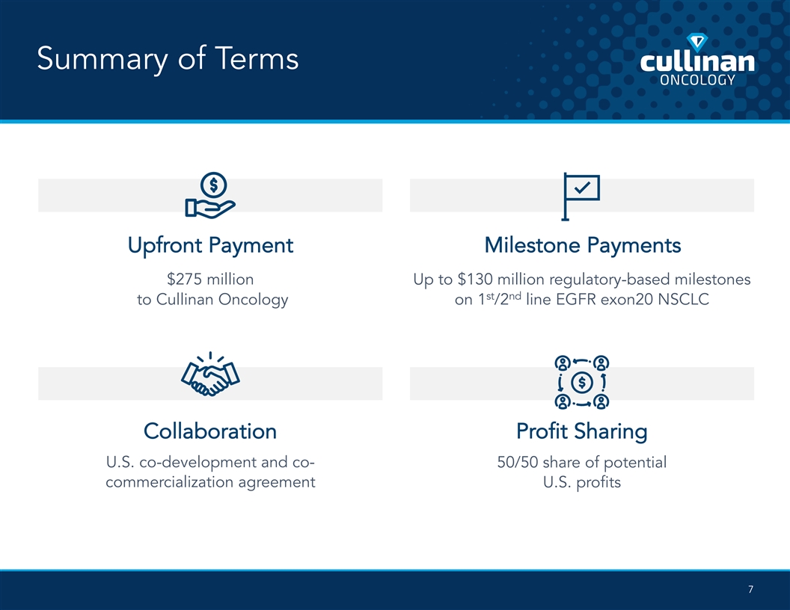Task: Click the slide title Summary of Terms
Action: (x=168, y=59)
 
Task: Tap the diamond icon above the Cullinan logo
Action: (x=697, y=43)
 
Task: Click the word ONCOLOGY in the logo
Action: (x=697, y=79)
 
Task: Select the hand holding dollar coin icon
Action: (x=211, y=195)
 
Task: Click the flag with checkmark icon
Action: (x=581, y=197)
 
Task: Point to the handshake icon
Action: (x=211, y=374)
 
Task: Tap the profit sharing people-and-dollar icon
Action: (x=582, y=382)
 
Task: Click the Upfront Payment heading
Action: (x=211, y=246)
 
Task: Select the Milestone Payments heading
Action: (x=583, y=246)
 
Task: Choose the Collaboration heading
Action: (x=210, y=431)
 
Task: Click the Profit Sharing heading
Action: (x=582, y=432)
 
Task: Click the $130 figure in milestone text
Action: (x=475, y=279)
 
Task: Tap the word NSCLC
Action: (x=684, y=300)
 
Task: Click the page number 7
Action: (x=750, y=589)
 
